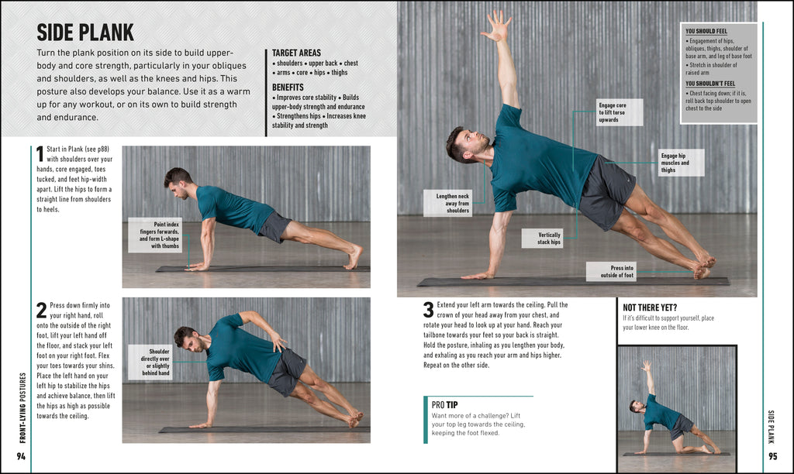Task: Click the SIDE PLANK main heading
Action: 85,33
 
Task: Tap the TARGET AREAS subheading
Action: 298,52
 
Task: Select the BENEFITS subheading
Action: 288,88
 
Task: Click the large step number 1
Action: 40,153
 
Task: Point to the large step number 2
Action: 41,310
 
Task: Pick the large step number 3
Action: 428,310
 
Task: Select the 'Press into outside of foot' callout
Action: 611,271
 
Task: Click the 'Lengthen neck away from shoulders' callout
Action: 447,203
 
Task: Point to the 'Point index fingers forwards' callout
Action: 155,235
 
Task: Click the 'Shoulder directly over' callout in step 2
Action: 150,362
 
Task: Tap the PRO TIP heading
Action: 445,404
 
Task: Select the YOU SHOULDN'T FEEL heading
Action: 710,83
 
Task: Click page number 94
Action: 21,456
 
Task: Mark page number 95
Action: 772,456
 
